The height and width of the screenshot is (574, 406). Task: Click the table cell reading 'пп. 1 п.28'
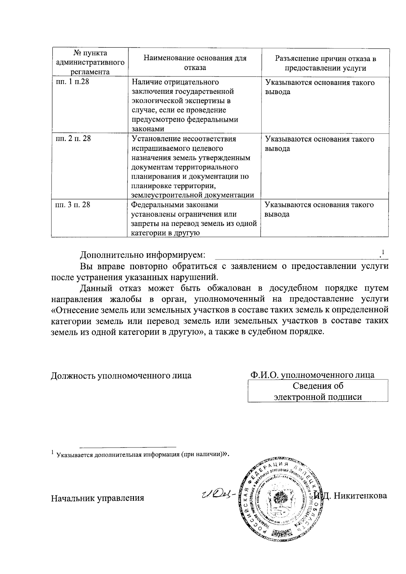[x=72, y=82]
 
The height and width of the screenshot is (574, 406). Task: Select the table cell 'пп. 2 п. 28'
[x=73, y=139]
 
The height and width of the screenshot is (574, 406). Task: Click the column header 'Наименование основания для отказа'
[x=195, y=63]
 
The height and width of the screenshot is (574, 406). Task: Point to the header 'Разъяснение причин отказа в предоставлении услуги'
[x=325, y=63]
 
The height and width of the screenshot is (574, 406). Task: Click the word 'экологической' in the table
[x=153, y=101]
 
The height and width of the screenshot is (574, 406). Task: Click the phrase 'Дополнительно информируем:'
[x=142, y=255]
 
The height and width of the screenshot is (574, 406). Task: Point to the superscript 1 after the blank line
[x=383, y=252]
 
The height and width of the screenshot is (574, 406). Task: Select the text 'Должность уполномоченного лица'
[x=121, y=375]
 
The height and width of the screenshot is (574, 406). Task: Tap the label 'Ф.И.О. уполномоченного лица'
[x=312, y=375]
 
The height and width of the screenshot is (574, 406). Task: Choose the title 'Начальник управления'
[x=97, y=498]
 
